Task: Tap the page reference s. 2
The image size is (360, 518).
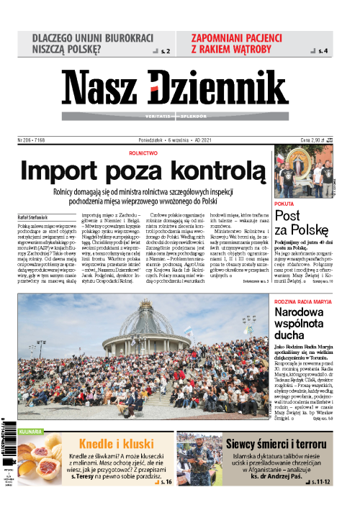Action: tap(164, 52)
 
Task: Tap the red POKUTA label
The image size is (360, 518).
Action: tap(285, 204)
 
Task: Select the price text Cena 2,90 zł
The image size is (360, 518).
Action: tap(314, 140)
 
